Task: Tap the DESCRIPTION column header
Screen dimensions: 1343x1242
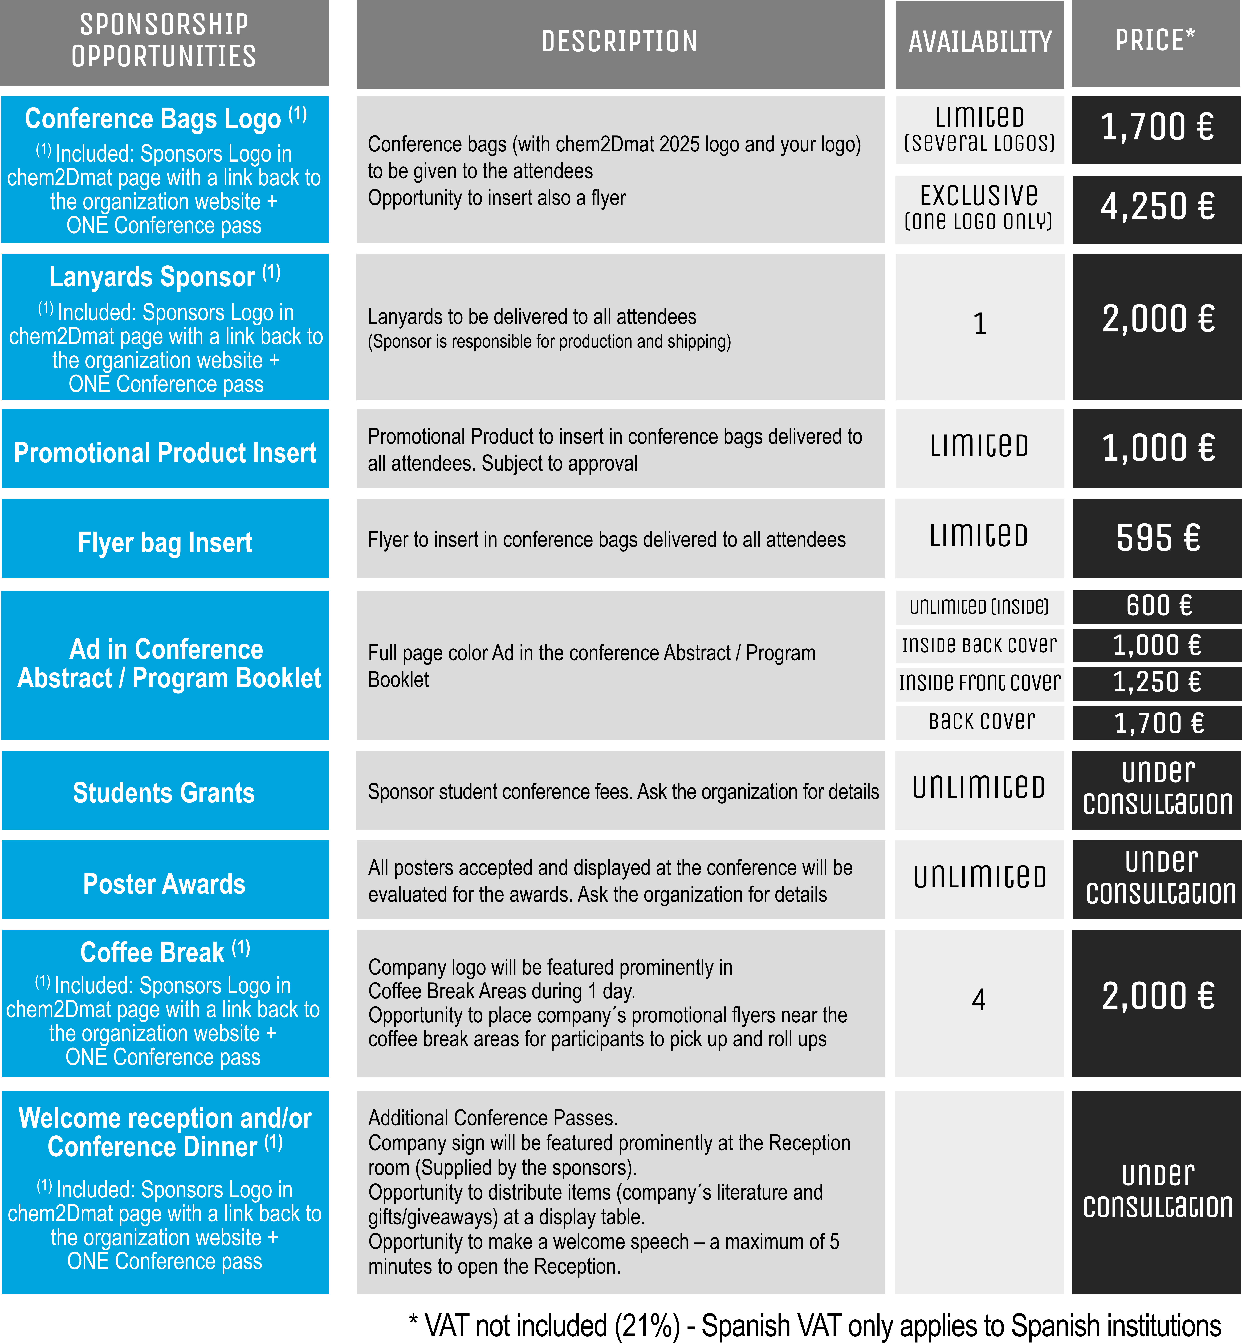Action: pyautogui.click(x=620, y=42)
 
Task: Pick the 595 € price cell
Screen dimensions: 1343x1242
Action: pyautogui.click(x=1157, y=538)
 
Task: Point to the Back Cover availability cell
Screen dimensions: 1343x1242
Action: pyautogui.click(x=981, y=722)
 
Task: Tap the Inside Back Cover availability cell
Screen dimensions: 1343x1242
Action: pyautogui.click(x=979, y=646)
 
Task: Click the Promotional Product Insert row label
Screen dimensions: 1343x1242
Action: pyautogui.click(x=165, y=453)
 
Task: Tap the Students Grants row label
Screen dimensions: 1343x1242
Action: pyautogui.click(x=164, y=793)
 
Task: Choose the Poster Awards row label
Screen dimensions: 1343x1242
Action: pyautogui.click(x=164, y=884)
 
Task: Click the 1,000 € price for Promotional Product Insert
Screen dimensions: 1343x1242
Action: pyautogui.click(x=1157, y=449)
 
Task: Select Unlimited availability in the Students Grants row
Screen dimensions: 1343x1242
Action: pyautogui.click(x=979, y=787)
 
